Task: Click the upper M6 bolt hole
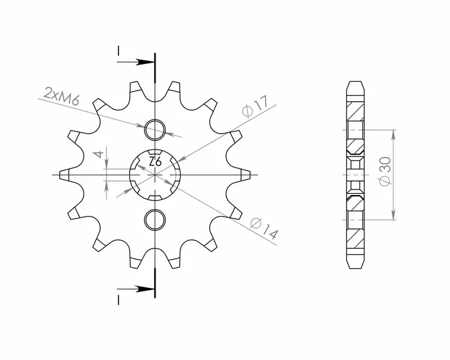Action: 155,130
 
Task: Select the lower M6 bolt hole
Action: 155,219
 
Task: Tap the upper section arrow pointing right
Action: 145,62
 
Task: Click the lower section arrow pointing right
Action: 145,287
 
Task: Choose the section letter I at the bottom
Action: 117,299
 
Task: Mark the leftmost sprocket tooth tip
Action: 63,175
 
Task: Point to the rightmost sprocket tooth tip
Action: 248,175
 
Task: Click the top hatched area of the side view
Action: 355,111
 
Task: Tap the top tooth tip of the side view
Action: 355,82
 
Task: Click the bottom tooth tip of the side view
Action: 355,267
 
